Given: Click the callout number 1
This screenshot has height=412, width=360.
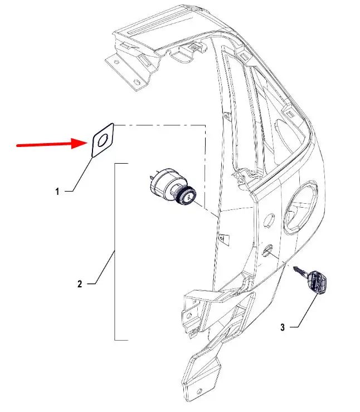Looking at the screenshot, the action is (x=57, y=192).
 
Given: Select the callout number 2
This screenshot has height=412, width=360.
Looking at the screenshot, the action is (x=80, y=284).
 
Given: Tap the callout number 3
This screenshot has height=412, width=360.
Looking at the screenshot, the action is (x=283, y=327).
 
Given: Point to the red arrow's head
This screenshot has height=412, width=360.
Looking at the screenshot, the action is (x=80, y=144).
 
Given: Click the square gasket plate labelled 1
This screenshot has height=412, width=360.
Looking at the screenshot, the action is (x=103, y=140).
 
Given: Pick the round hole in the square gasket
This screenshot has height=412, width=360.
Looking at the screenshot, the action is (x=103, y=140).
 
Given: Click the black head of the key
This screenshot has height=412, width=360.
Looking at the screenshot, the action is (x=318, y=283).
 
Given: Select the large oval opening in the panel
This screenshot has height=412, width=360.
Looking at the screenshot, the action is (x=300, y=208).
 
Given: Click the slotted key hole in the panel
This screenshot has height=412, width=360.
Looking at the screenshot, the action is (x=267, y=250).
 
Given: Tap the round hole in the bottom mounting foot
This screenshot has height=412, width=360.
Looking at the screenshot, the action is (x=200, y=392).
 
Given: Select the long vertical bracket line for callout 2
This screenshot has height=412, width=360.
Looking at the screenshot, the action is (x=115, y=252).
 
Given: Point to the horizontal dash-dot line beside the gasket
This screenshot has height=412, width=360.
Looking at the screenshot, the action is (x=159, y=125).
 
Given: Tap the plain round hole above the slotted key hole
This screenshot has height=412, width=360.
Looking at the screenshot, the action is (x=269, y=219).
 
